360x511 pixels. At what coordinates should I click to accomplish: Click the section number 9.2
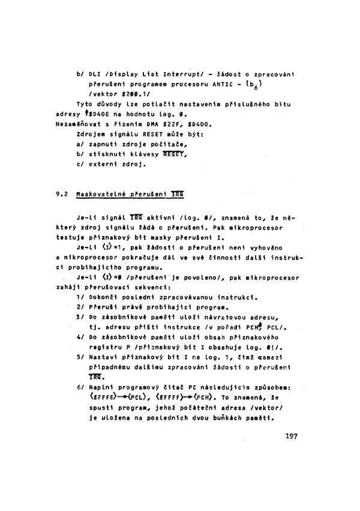click(x=61, y=195)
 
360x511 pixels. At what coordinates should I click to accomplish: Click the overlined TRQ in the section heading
click(x=177, y=195)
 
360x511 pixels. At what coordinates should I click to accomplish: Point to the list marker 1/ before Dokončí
click(x=80, y=296)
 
